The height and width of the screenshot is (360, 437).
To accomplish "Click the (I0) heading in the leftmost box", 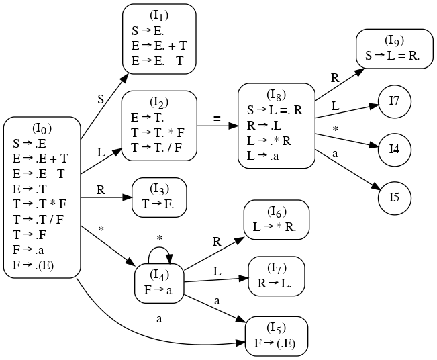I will [x=42, y=128].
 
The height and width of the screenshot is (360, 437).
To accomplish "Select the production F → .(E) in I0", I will [x=33, y=265].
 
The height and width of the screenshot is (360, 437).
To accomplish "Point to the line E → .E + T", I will [x=40, y=159].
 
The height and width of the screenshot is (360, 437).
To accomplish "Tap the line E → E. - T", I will [x=158, y=61].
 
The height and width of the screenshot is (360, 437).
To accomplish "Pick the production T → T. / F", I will [x=157, y=148].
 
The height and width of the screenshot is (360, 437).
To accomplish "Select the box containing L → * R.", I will [x=277, y=220].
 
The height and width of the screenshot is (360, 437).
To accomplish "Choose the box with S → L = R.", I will [x=394, y=49].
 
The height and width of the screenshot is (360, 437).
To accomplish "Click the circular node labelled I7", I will [x=394, y=101].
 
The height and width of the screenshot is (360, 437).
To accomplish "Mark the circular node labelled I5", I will [x=394, y=198].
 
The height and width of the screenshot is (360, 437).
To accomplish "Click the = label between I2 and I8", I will [x=216, y=120].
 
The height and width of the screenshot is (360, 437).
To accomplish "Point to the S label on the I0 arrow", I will [x=101, y=99].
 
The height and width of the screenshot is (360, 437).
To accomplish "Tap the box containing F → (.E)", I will [x=277, y=336].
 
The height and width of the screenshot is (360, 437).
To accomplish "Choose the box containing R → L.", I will [x=277, y=276].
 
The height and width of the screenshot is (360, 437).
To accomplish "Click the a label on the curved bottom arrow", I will [x=159, y=318].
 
